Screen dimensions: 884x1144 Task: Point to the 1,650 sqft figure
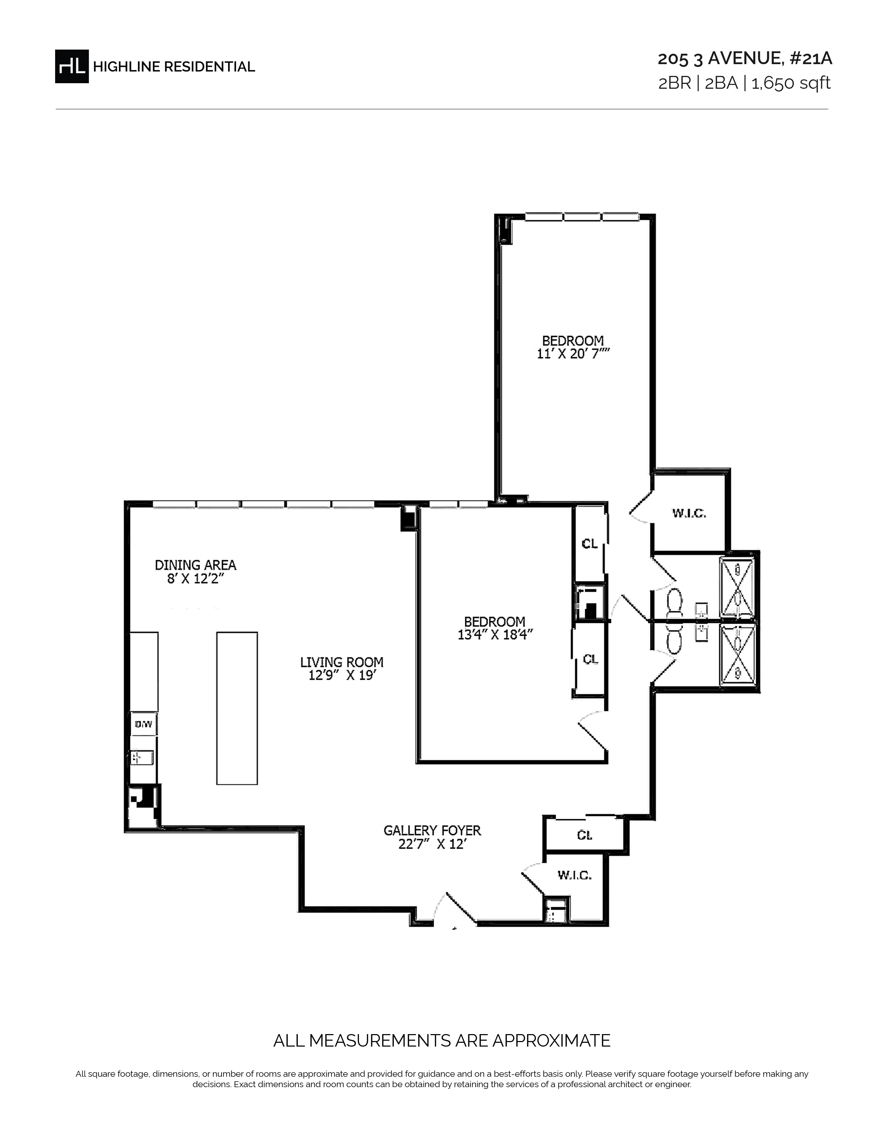[791, 83]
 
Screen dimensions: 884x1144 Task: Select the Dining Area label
[195, 565]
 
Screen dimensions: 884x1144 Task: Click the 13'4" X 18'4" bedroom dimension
[495, 634]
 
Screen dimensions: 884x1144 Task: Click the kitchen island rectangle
[237, 708]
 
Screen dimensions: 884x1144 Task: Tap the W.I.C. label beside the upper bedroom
[689, 514]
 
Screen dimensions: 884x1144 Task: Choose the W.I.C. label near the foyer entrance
[574, 875]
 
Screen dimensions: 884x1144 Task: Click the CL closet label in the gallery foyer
[584, 835]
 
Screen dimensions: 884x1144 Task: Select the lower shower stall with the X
[738, 654]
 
